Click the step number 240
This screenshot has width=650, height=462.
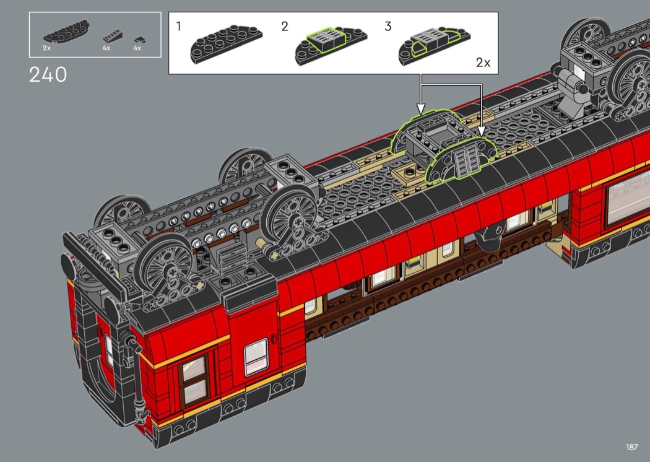48,75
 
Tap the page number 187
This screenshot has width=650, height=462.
632,447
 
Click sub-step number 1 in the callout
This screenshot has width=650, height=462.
179,27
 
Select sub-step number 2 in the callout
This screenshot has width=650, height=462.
284,27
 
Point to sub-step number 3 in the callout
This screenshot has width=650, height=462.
388,27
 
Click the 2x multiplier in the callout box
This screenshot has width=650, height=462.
483,63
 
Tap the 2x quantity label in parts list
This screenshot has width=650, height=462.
46,48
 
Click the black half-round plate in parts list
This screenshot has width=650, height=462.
66,32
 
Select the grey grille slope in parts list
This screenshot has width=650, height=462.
112,36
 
